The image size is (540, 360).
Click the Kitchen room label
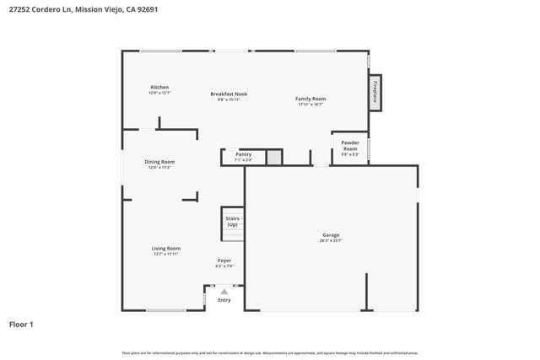point(159,88)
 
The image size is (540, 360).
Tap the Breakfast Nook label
point(229,94)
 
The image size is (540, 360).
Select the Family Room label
point(310,99)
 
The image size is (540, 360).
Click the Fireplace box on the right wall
point(375,92)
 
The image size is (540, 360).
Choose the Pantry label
point(243,154)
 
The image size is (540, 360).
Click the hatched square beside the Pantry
point(273,157)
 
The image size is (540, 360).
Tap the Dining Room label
point(159,162)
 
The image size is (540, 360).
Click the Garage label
point(331,235)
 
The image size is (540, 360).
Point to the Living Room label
point(166,249)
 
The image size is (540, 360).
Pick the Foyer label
point(224,261)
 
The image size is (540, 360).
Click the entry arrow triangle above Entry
point(224,292)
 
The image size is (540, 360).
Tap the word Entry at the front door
point(224,300)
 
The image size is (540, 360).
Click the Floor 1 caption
point(21,324)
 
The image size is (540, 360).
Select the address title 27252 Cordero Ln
point(83,9)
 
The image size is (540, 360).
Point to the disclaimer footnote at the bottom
point(270,353)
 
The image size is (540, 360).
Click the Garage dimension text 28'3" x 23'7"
point(331,241)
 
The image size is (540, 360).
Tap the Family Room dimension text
point(310,105)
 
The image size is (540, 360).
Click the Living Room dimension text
point(166,255)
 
